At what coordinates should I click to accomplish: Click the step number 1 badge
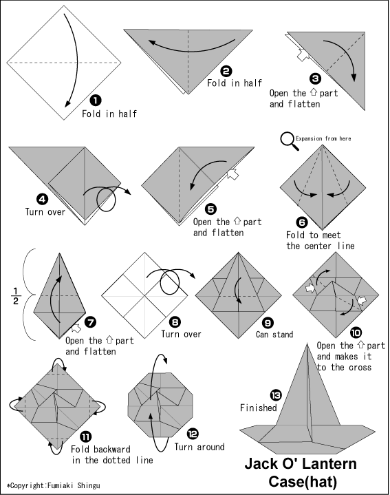coord(96,101)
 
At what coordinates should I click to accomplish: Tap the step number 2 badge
coord(226,72)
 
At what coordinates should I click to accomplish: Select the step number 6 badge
coord(302,222)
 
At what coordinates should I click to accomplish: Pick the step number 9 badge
coord(268,323)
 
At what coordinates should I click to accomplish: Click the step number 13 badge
coord(276,395)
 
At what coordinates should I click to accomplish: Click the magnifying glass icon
coord(289,141)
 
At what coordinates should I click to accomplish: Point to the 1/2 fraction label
coord(16,296)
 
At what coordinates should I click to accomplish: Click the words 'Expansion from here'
coord(323,138)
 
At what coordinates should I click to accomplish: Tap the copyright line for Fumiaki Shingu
coord(54,485)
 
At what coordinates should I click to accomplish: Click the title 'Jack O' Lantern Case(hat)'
coord(301,473)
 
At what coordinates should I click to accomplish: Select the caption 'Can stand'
coord(274,335)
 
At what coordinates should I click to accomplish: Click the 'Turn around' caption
coord(199,447)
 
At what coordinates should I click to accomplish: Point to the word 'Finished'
coord(258,408)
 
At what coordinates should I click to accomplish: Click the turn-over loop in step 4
coord(106,200)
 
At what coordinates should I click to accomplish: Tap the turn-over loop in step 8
coord(170,283)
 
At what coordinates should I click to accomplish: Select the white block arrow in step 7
coord(76,328)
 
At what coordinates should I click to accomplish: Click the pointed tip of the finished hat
coord(307,344)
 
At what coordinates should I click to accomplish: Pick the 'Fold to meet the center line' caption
coord(320,240)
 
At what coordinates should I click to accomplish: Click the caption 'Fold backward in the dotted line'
coord(112,454)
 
